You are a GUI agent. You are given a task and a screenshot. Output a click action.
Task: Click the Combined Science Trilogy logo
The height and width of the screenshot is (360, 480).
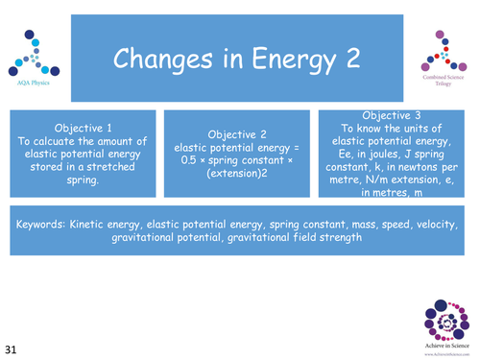tap(442, 59)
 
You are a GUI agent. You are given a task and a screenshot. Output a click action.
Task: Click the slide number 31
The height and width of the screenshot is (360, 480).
tap(16, 346)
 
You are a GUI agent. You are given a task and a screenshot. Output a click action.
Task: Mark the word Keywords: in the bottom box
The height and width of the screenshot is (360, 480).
tap(41, 224)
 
